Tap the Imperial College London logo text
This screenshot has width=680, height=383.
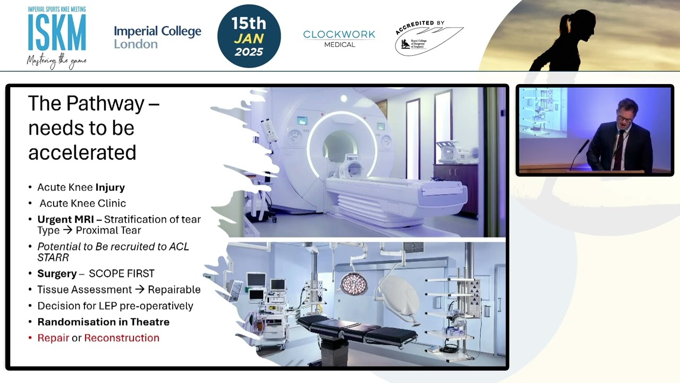coord(157,37)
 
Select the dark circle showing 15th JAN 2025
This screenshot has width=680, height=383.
coord(249,37)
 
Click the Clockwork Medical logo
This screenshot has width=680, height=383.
coord(339,38)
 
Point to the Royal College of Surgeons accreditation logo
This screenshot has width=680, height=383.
coord(428,39)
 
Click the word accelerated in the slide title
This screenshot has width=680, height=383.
coord(82,152)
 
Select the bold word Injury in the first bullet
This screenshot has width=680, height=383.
coord(110,187)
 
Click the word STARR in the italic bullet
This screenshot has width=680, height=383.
coord(53,257)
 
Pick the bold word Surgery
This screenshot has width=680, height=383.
coord(57,273)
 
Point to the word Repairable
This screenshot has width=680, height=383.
coord(174,289)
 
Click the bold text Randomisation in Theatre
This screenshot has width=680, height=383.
coord(103,322)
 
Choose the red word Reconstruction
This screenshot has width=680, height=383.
coord(122,338)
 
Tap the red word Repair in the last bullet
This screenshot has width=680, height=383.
coord(53,338)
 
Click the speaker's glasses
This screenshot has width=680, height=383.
coord(625,119)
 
